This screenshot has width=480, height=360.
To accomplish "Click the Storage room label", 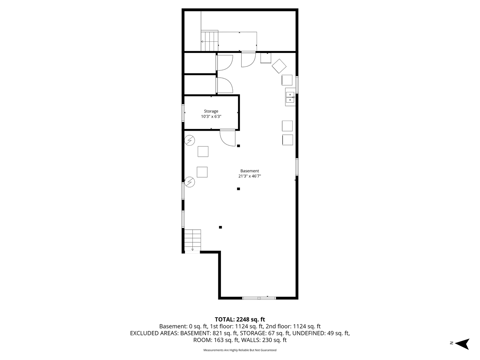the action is click(211, 111).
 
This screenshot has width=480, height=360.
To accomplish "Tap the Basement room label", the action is click(250, 171).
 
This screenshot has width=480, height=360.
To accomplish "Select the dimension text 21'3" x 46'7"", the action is click(250, 176).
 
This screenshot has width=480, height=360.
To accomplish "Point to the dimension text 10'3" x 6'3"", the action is click(211, 117).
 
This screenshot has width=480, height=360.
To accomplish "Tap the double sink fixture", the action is click(290, 97).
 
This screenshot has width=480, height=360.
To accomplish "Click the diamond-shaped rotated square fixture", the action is click(279, 66).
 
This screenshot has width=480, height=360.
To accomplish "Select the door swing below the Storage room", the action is click(227, 138).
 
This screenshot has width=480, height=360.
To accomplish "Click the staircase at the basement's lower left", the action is click(192, 240).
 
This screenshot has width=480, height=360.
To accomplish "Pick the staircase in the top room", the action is click(209, 41).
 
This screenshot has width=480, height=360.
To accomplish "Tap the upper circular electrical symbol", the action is click(190, 140).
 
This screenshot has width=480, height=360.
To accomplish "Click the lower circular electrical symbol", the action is click(190, 182).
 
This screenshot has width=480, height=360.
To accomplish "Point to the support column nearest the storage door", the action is click(238, 146).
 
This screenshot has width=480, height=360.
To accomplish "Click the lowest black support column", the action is click(220, 227).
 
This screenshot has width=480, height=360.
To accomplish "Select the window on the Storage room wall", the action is click(183, 113).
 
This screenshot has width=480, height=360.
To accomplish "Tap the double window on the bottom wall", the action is click(259, 298).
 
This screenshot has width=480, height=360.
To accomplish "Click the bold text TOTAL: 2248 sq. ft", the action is click(240, 320).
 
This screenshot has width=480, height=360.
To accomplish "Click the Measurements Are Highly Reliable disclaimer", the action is click(240, 350).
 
